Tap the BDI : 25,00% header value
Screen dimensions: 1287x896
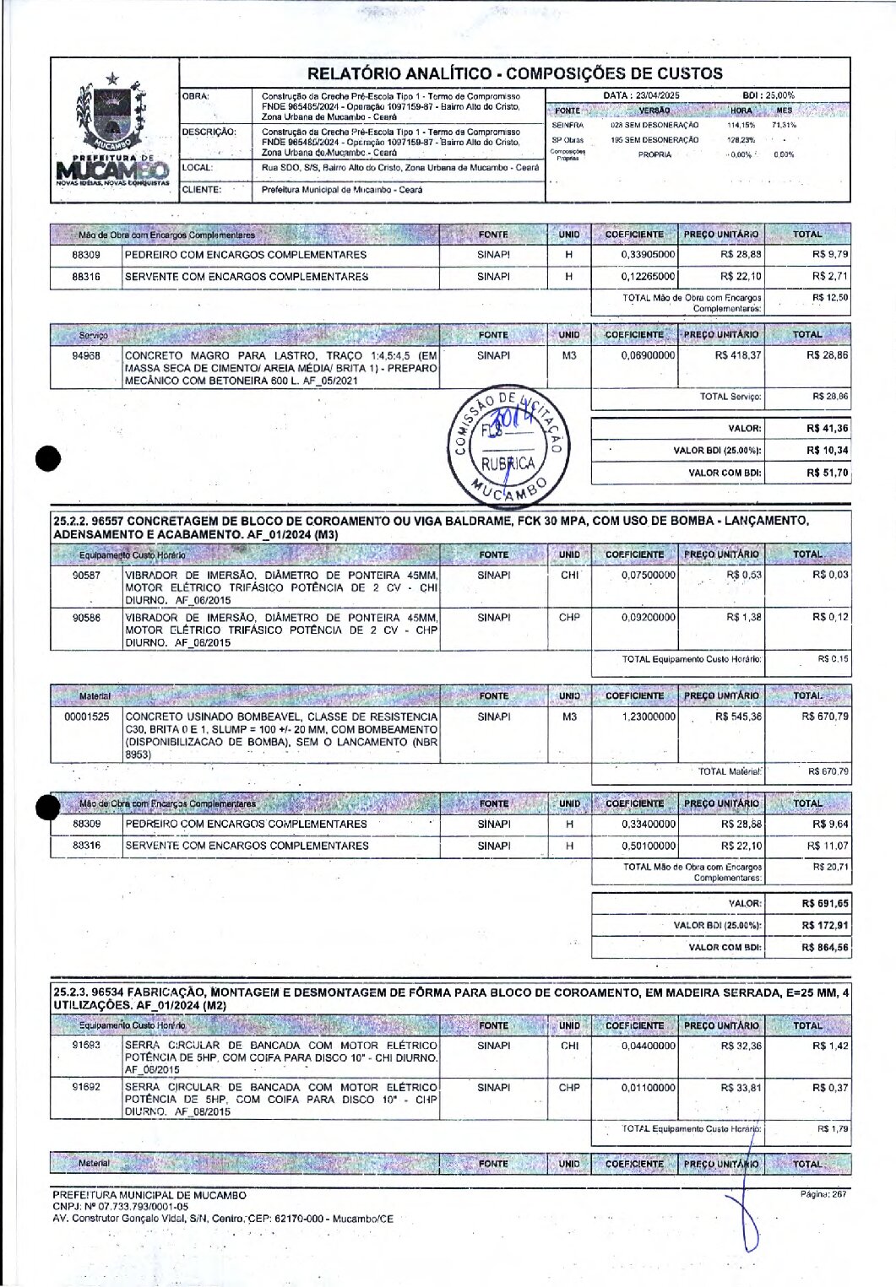(x=768, y=95)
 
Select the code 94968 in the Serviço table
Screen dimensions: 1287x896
(x=86, y=356)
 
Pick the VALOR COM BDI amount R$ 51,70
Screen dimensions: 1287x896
(x=827, y=473)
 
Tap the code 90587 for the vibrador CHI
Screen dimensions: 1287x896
(x=86, y=576)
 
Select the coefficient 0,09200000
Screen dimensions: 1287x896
(x=648, y=618)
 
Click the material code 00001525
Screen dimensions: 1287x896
(x=86, y=717)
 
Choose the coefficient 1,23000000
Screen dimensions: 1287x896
(x=648, y=717)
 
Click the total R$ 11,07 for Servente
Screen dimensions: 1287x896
(x=828, y=846)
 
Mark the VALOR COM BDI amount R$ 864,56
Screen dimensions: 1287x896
(x=824, y=948)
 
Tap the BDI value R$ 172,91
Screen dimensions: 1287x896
(x=824, y=926)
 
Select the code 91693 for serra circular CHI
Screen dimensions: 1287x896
(x=86, y=1046)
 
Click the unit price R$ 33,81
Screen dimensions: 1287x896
(x=741, y=1088)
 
